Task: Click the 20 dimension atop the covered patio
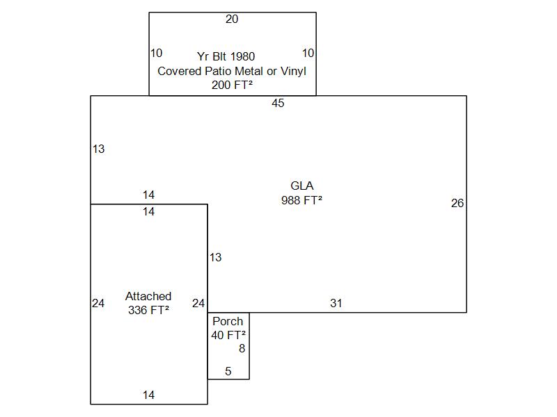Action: tap(232, 19)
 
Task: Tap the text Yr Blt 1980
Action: tap(226, 56)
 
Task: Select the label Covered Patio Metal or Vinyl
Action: tap(232, 71)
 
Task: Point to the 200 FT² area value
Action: tap(232, 85)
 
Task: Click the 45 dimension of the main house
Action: tap(278, 104)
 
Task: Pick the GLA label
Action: tap(302, 186)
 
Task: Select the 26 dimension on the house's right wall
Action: tap(457, 204)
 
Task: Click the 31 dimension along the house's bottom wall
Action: tap(336, 304)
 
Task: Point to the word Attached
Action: tap(148, 296)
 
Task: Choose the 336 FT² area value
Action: tap(148, 311)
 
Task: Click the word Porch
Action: tap(228, 321)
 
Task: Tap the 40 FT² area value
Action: tap(228, 335)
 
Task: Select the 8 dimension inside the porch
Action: tap(242, 349)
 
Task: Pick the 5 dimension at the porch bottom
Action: tap(228, 372)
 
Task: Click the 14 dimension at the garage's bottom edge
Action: tap(148, 395)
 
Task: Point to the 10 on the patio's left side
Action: tap(156, 53)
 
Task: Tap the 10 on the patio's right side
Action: tap(308, 53)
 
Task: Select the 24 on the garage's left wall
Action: tap(98, 303)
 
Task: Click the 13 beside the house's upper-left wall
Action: tap(98, 149)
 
